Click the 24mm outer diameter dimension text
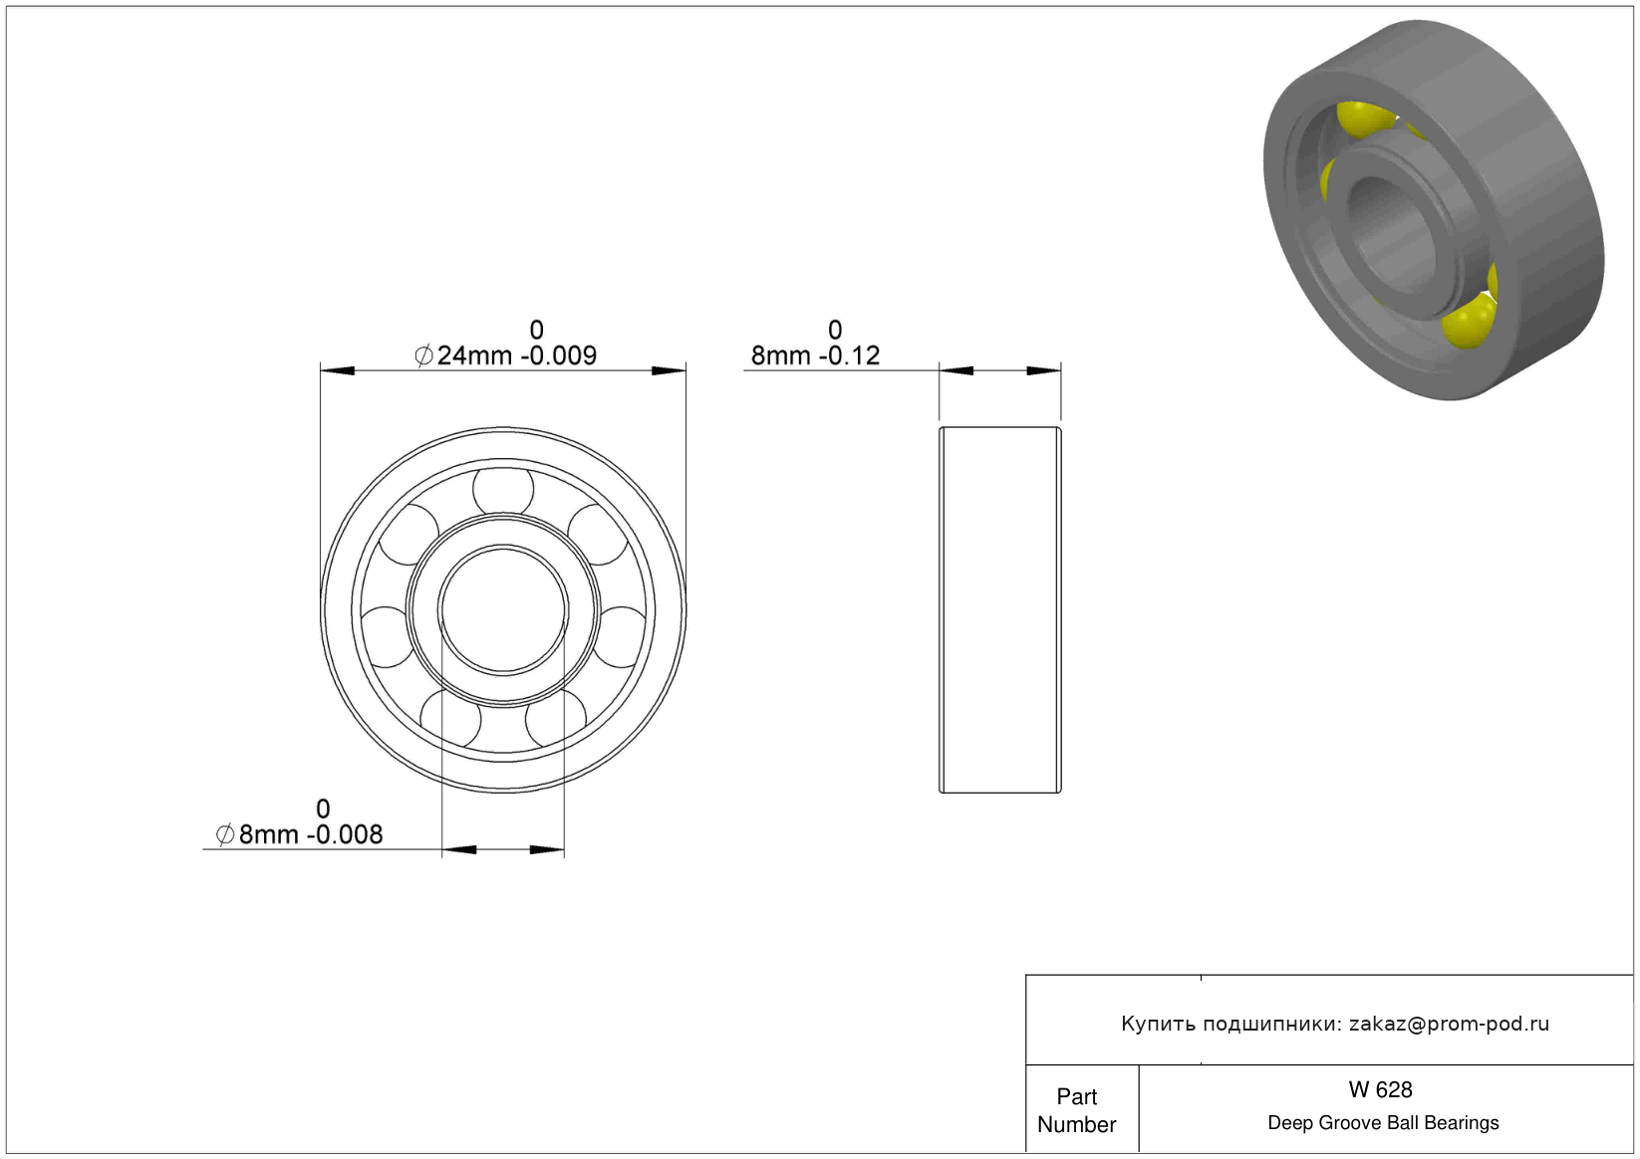(x=505, y=355)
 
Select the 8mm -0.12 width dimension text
(x=815, y=355)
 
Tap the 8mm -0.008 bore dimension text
(x=299, y=834)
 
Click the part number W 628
(x=1380, y=1089)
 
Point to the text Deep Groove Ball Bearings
(x=1383, y=1122)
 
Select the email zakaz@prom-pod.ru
(x=1449, y=1024)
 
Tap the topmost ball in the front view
(x=503, y=488)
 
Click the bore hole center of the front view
(x=503, y=609)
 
